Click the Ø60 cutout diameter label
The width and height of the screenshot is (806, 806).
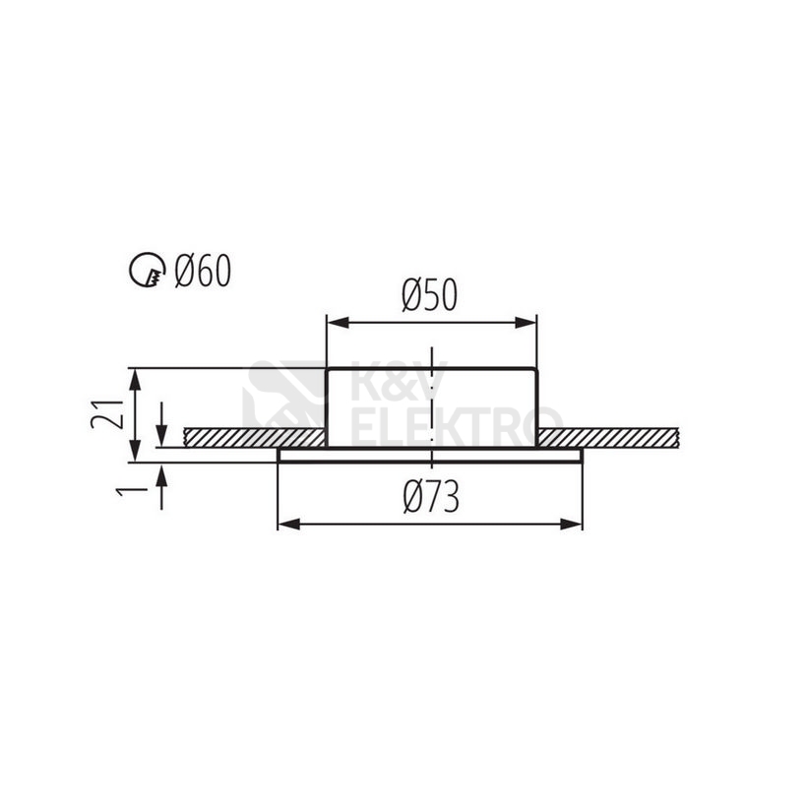[203, 270]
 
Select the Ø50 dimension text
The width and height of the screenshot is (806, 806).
[430, 295]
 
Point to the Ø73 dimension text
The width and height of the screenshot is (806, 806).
[431, 500]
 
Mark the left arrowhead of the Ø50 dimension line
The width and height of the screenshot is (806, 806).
[335, 322]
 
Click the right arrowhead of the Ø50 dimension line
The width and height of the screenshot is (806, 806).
[529, 322]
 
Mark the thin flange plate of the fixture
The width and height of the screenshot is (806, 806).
[431, 456]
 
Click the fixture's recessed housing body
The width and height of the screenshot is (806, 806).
[394, 405]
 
